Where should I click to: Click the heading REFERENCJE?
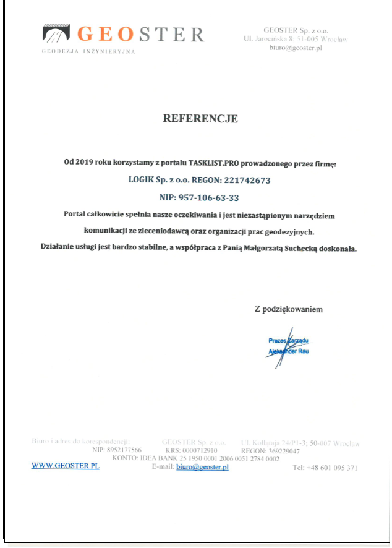[200, 118]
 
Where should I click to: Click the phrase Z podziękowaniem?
[288, 309]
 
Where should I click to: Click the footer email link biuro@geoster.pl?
[202, 467]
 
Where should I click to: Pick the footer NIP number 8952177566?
[124, 451]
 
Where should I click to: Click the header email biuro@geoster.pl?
[296, 48]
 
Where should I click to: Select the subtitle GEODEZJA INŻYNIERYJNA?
[88, 51]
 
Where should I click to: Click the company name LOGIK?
[140, 181]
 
